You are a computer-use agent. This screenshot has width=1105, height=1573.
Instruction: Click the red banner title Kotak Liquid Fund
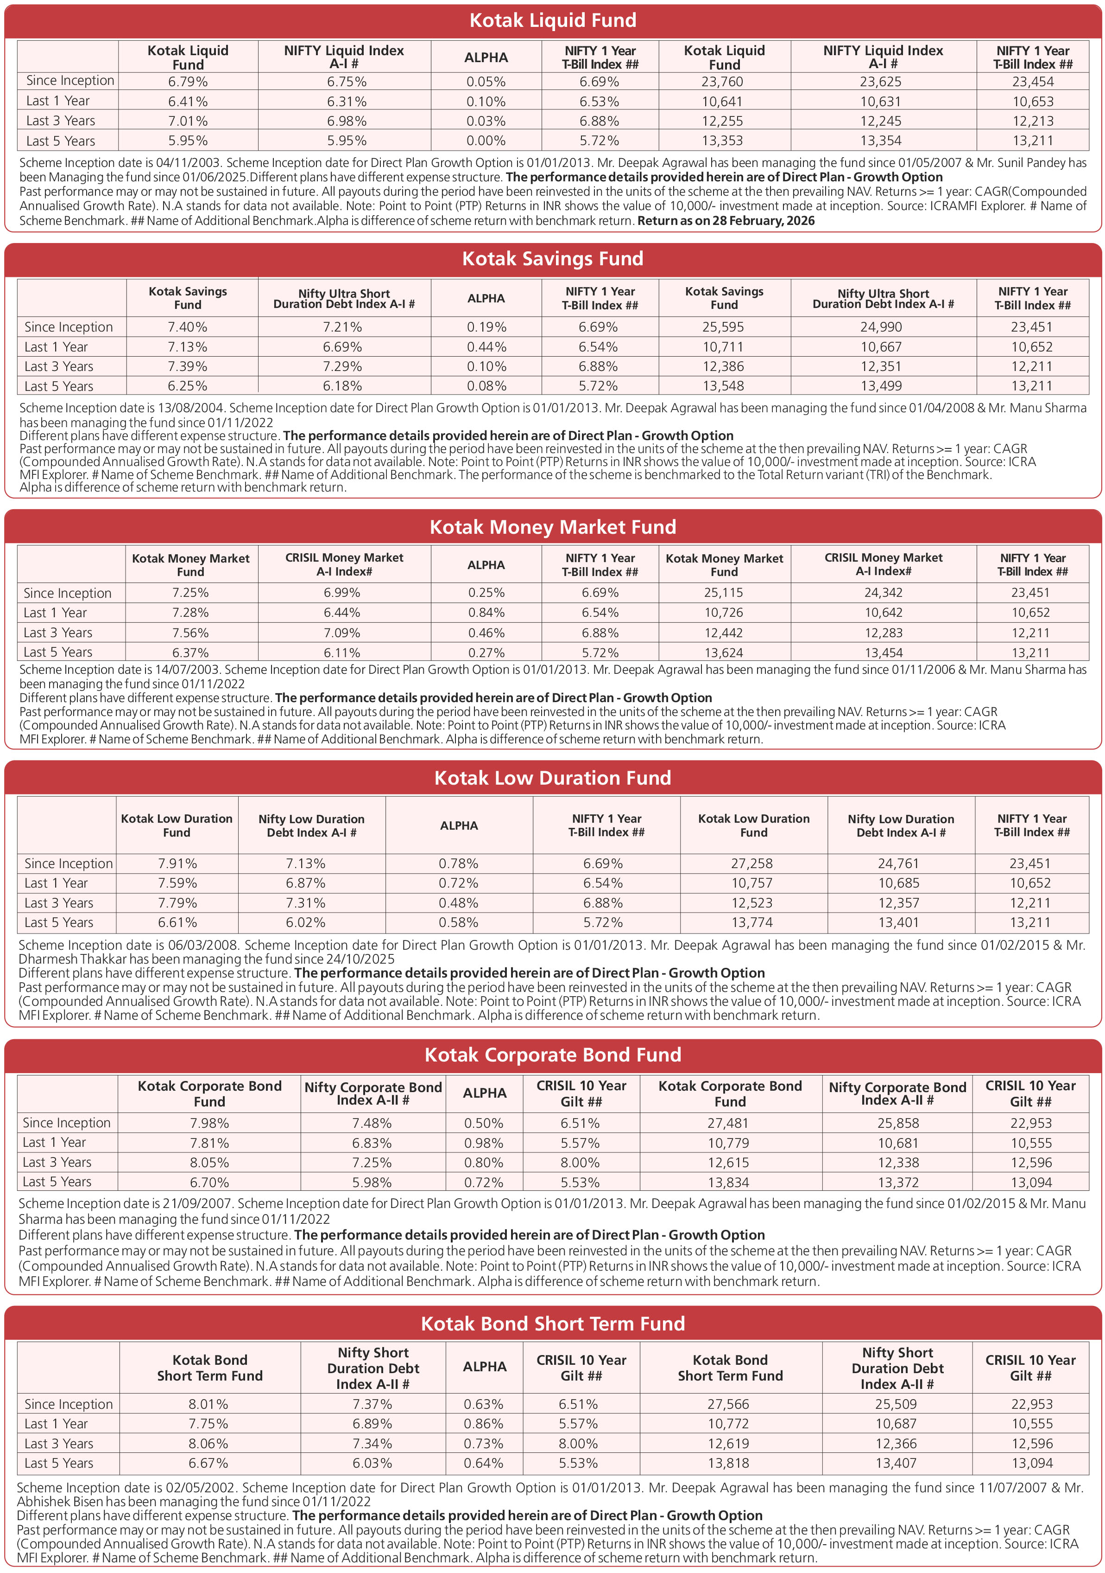[552, 20]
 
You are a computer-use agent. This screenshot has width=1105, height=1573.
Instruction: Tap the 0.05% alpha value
[486, 82]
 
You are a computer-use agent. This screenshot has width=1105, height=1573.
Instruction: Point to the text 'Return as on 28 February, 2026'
[726, 221]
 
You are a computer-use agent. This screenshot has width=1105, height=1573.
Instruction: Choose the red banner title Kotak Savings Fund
[552, 259]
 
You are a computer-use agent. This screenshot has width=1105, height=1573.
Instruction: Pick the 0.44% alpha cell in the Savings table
[486, 347]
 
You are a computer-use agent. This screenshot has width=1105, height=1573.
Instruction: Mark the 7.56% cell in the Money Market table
[190, 633]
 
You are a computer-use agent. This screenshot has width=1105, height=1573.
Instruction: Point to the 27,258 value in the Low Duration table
[752, 864]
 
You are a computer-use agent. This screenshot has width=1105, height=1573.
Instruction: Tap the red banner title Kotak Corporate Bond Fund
[552, 1055]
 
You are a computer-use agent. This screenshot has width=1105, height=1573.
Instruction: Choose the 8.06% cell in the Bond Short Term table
[208, 1444]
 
